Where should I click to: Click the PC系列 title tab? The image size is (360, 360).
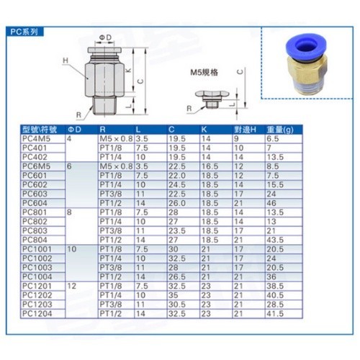[x=24, y=32]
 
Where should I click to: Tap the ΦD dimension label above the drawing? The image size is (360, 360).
[x=105, y=37]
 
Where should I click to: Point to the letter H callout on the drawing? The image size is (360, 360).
[x=66, y=60]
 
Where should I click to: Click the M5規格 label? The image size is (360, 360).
[x=204, y=72]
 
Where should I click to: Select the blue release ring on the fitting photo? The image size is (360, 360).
[x=304, y=47]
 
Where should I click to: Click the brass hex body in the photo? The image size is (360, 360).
[x=307, y=73]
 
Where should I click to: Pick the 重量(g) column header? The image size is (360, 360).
[x=280, y=130]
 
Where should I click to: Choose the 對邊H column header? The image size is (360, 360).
[x=245, y=130]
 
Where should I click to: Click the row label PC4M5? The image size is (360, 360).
[x=36, y=139]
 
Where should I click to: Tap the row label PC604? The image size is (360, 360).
[x=35, y=203]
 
